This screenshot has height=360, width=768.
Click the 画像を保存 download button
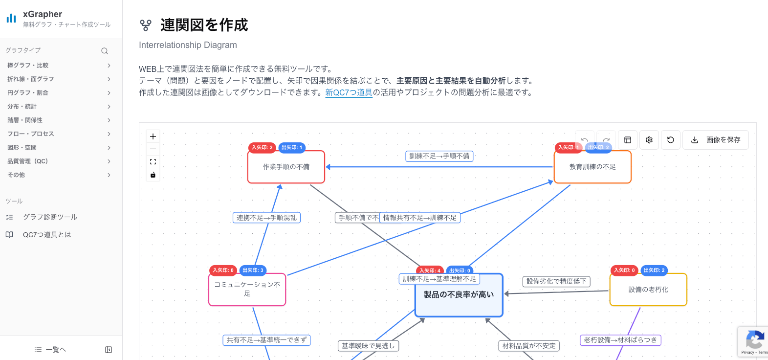pyautogui.click(x=716, y=140)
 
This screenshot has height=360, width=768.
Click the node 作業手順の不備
pyautogui.click(x=286, y=167)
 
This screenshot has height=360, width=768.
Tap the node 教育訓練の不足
pyautogui.click(x=592, y=167)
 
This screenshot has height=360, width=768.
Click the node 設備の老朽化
pyautogui.click(x=648, y=290)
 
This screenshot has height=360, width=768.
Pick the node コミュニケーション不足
pyautogui.click(x=247, y=290)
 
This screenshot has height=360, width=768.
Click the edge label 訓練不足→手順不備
pyautogui.click(x=439, y=156)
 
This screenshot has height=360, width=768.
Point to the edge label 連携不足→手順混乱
pyautogui.click(x=266, y=218)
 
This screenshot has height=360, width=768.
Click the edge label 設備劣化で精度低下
pyautogui.click(x=556, y=281)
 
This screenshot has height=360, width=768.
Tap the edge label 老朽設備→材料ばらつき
pyautogui.click(x=620, y=340)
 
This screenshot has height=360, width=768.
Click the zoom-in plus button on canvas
pyautogui.click(x=153, y=136)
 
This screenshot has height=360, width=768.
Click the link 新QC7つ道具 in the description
pyautogui.click(x=349, y=92)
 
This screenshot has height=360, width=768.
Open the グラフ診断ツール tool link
pyautogui.click(x=50, y=217)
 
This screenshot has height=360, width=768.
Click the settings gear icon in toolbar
pyautogui.click(x=649, y=140)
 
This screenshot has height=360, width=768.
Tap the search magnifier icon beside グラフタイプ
pyautogui.click(x=105, y=51)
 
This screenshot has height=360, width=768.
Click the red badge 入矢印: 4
pyautogui.click(x=430, y=270)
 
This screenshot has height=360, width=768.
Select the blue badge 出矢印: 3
pyautogui.click(x=253, y=270)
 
